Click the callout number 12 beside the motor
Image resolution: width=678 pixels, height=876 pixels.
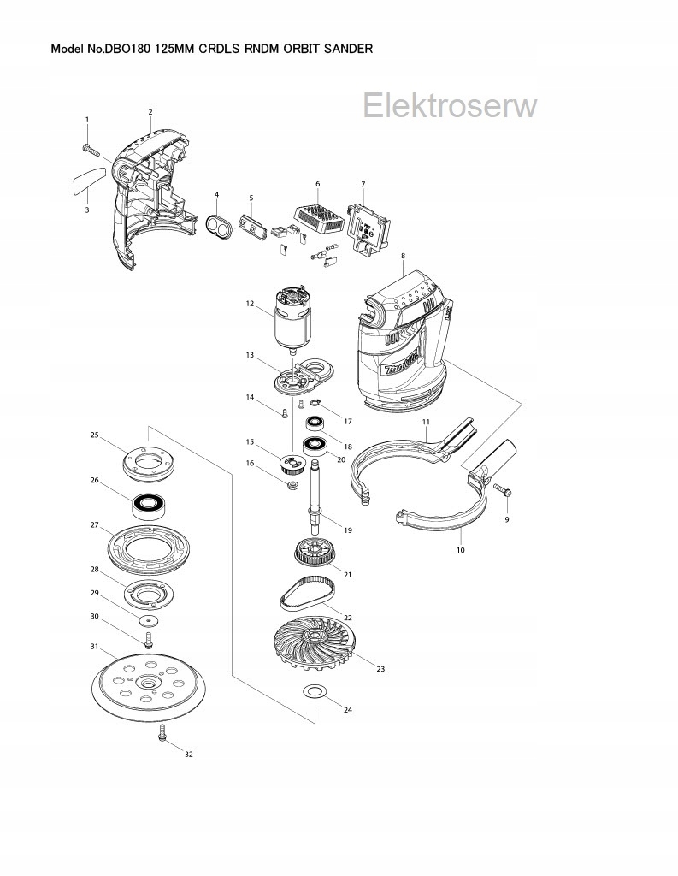coord(250,304)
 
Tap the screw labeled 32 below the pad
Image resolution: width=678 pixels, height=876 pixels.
coord(162,733)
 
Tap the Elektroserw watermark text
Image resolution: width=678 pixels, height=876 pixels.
coord(450,106)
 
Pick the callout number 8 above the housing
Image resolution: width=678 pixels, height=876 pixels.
coord(403,256)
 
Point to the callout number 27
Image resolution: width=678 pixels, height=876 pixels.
coord(96,525)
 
